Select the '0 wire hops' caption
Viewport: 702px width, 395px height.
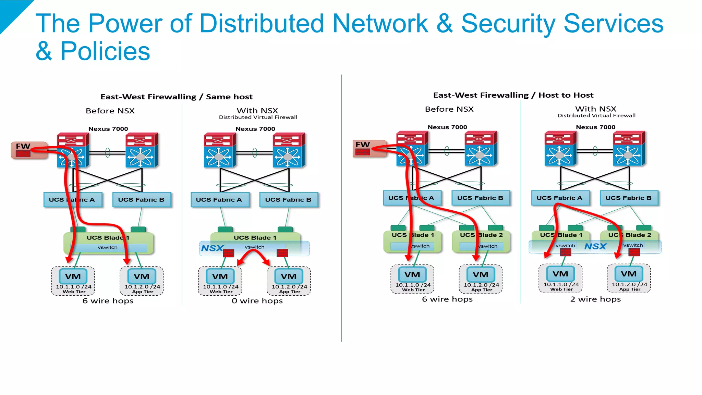point(257,301)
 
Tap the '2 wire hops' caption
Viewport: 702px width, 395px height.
point(595,299)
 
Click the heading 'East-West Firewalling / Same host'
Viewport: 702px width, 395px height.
point(177,97)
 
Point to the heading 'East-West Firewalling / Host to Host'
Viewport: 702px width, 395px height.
point(513,95)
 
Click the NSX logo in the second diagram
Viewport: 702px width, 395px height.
point(212,248)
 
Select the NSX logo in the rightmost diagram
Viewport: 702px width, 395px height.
point(595,246)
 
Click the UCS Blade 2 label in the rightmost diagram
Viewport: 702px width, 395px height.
point(630,235)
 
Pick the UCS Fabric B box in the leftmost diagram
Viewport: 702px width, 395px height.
point(141,200)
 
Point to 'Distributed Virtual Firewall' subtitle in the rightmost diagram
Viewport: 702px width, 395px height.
point(596,115)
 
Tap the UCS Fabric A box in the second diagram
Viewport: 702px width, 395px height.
point(219,200)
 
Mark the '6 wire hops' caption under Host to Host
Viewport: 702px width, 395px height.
point(447,299)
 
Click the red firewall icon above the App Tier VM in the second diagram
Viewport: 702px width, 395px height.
point(282,253)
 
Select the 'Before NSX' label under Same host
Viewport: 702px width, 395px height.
point(110,111)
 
